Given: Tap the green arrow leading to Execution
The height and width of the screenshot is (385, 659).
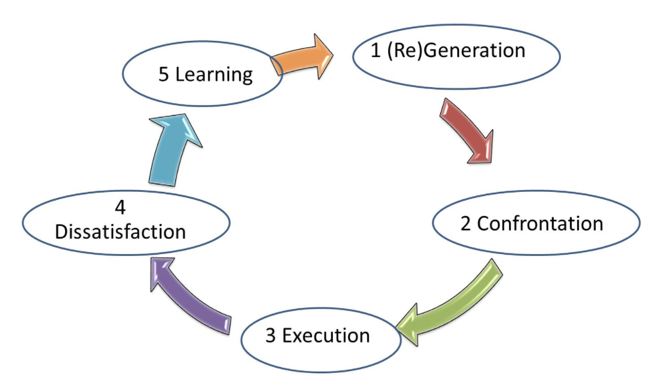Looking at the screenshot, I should pyautogui.click(x=459, y=305).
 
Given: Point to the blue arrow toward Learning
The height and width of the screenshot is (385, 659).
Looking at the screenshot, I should pyautogui.click(x=169, y=148).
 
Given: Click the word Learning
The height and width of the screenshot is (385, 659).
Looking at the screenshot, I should pyautogui.click(x=214, y=75).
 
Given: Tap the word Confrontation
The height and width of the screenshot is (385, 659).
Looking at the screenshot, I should pyautogui.click(x=540, y=223).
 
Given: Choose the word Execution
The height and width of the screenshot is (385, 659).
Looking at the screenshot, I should pyautogui.click(x=327, y=336).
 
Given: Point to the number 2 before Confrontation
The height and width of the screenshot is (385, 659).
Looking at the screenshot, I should pyautogui.click(x=465, y=224).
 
